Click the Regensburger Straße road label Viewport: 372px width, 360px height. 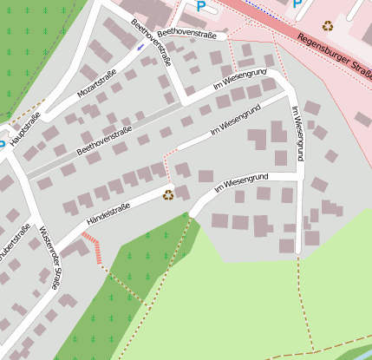333,55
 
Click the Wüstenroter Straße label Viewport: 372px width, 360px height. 49,252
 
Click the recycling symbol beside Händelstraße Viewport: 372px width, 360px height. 168,195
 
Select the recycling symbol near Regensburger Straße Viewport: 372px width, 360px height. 327,26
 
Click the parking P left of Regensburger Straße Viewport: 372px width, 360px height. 201,6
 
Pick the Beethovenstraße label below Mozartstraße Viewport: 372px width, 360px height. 103,141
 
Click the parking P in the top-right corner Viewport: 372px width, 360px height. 297,3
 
